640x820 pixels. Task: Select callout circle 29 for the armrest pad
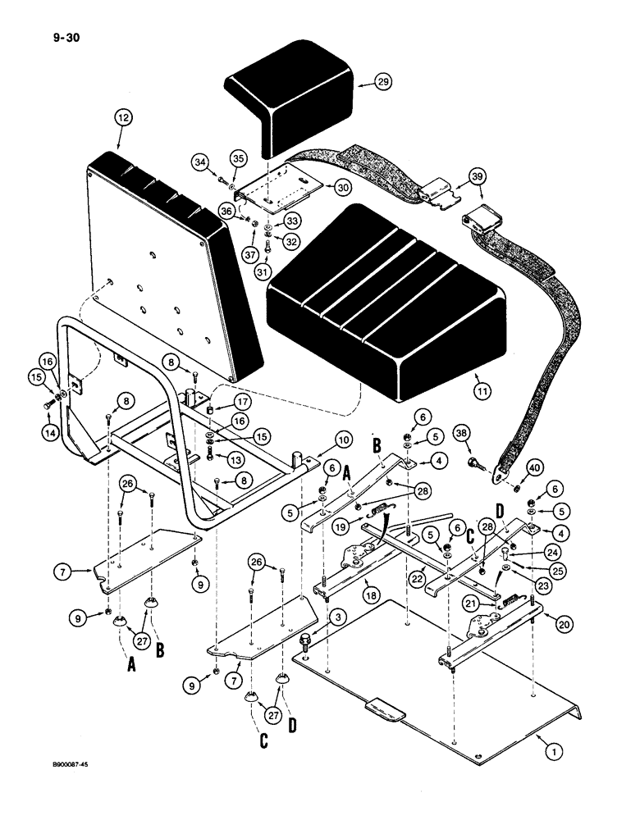click(x=384, y=81)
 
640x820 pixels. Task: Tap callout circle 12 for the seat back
click(x=123, y=118)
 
